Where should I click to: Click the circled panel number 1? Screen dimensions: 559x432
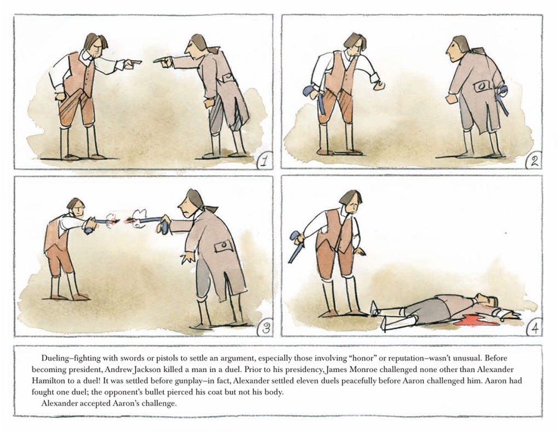click(264, 161)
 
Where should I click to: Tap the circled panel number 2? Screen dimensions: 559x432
click(534, 161)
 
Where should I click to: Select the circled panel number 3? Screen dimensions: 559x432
click(265, 328)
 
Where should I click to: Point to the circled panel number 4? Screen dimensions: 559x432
click(534, 327)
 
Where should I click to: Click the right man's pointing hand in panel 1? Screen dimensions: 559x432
click(163, 63)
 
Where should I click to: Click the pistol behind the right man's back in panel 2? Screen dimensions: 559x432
click(503, 99)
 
